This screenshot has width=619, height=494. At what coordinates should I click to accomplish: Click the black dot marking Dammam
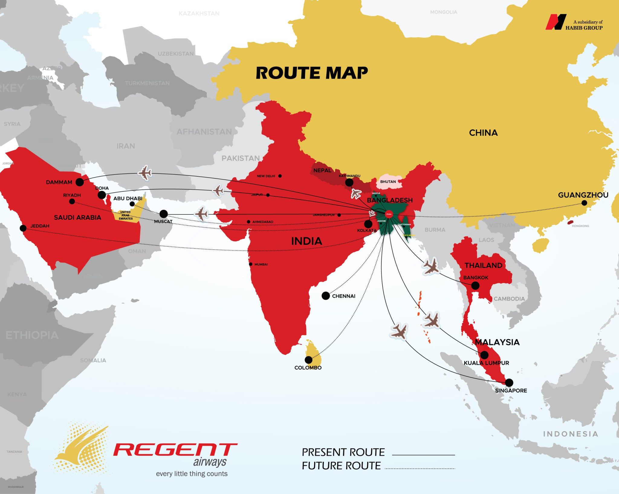[x=79, y=182]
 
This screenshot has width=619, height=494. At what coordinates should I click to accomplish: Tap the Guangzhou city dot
[x=584, y=203]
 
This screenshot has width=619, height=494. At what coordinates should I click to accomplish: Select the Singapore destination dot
[x=509, y=382]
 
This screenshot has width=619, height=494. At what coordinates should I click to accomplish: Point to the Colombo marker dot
[x=308, y=360]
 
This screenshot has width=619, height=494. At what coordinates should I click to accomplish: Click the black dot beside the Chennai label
[x=326, y=296]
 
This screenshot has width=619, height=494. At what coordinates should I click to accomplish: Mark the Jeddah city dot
[x=23, y=228]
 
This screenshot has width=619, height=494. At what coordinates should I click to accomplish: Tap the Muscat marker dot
[x=164, y=214]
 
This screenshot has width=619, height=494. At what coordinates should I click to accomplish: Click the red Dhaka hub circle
[x=389, y=214]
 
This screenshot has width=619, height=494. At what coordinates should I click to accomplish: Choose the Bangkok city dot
[x=475, y=285]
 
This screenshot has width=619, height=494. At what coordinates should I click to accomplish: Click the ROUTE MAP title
[x=312, y=73]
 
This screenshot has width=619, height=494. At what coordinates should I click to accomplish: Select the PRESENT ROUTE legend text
[x=343, y=452]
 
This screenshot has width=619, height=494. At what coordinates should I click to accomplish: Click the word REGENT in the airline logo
[x=175, y=450]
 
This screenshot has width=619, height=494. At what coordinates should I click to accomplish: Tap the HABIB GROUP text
[x=584, y=28]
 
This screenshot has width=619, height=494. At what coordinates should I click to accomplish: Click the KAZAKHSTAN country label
[x=199, y=14]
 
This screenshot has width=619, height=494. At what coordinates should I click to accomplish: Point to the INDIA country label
[x=306, y=241]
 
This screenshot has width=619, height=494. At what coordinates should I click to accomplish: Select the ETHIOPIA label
[x=32, y=335]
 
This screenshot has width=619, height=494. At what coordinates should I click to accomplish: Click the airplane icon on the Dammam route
[x=145, y=173]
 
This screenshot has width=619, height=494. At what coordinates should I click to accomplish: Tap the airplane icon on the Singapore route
[x=399, y=331]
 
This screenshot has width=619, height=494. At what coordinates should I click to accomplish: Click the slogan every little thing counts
[x=192, y=474]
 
